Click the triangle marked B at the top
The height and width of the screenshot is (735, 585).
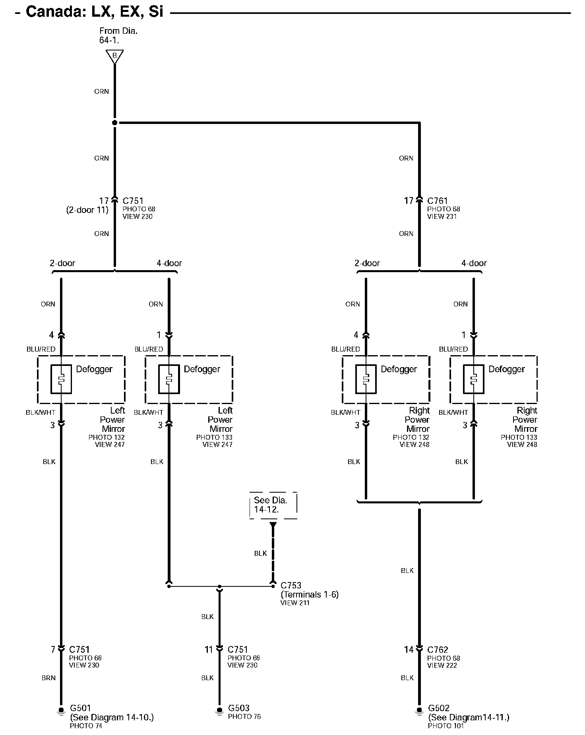point(114,56)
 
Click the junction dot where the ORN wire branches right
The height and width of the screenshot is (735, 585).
point(115,123)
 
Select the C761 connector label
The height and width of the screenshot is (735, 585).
point(438,201)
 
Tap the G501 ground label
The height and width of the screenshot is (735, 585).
point(80,708)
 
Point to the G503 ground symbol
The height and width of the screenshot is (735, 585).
point(219,710)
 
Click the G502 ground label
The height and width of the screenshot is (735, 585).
point(439,708)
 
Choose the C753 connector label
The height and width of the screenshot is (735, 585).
point(291,585)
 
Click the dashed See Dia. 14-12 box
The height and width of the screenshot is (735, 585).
point(273,505)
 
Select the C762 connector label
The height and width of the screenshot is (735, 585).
point(438,650)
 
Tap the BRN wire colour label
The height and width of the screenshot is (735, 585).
point(48,678)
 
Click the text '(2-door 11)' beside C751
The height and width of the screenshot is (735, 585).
point(87,210)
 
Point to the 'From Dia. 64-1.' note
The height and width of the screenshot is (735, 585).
point(118,35)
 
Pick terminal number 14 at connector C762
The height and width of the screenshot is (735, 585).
point(409,650)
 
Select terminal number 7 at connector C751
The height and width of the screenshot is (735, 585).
point(53,650)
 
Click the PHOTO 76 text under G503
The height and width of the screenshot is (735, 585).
point(244,717)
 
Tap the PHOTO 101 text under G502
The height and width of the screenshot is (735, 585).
point(446,726)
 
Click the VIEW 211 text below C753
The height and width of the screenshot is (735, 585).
point(294,603)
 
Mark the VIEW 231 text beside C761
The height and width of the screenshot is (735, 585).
point(442,217)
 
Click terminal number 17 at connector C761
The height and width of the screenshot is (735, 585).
point(409,201)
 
